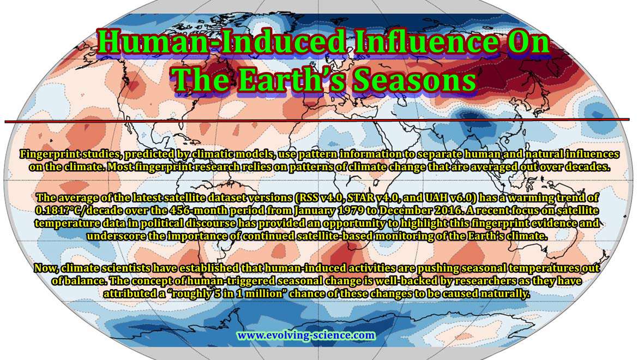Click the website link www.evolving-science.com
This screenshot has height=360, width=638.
(x=306, y=335)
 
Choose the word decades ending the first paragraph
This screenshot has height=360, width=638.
(x=589, y=167)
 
